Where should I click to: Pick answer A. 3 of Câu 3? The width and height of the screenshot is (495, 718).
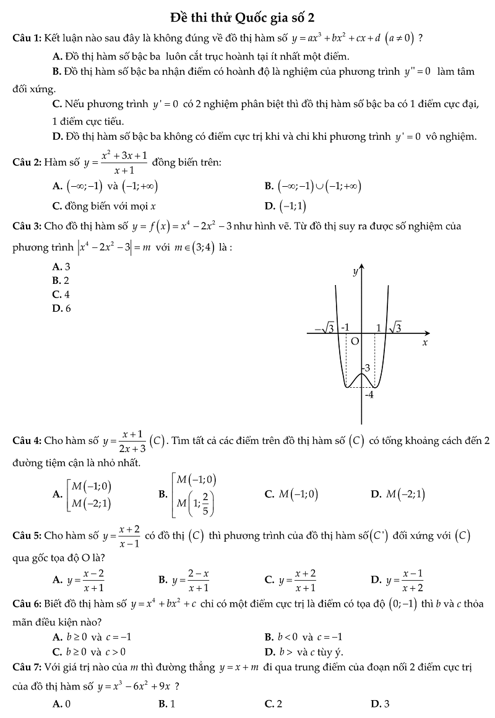[61, 267]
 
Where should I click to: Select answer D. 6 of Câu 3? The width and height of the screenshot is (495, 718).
[61, 308]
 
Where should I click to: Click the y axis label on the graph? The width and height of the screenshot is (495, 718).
[355, 271]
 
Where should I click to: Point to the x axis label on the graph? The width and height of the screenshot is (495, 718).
[425, 342]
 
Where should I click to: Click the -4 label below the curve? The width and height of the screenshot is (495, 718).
[369, 394]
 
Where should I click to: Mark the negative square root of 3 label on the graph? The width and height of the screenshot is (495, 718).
[325, 328]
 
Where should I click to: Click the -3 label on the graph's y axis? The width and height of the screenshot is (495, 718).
[366, 368]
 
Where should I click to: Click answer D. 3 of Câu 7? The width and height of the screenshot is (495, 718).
[380, 704]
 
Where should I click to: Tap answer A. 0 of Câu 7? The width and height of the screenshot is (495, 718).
[61, 704]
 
